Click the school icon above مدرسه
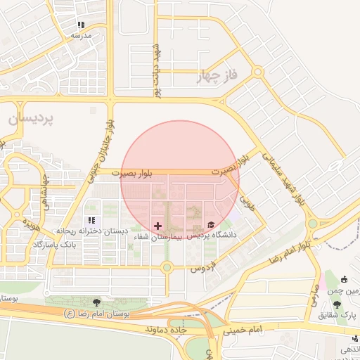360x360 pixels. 81,25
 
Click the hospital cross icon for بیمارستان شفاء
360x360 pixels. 157,226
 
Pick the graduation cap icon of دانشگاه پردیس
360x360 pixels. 211,225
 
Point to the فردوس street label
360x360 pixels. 202,268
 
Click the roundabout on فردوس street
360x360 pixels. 167,267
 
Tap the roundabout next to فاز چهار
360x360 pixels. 258,71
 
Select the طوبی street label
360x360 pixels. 247,203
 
